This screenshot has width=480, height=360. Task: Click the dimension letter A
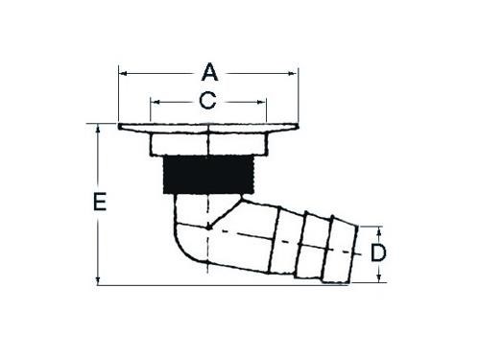209,73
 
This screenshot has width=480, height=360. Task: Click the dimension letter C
207,101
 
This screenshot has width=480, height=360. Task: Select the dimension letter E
100,202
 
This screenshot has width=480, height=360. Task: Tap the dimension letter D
378,252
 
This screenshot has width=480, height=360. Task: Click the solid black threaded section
208,175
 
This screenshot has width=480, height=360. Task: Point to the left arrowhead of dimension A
123,74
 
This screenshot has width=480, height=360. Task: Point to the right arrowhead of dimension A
293,74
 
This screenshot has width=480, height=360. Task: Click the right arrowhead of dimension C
261,103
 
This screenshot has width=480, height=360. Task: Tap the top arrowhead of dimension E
98,129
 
